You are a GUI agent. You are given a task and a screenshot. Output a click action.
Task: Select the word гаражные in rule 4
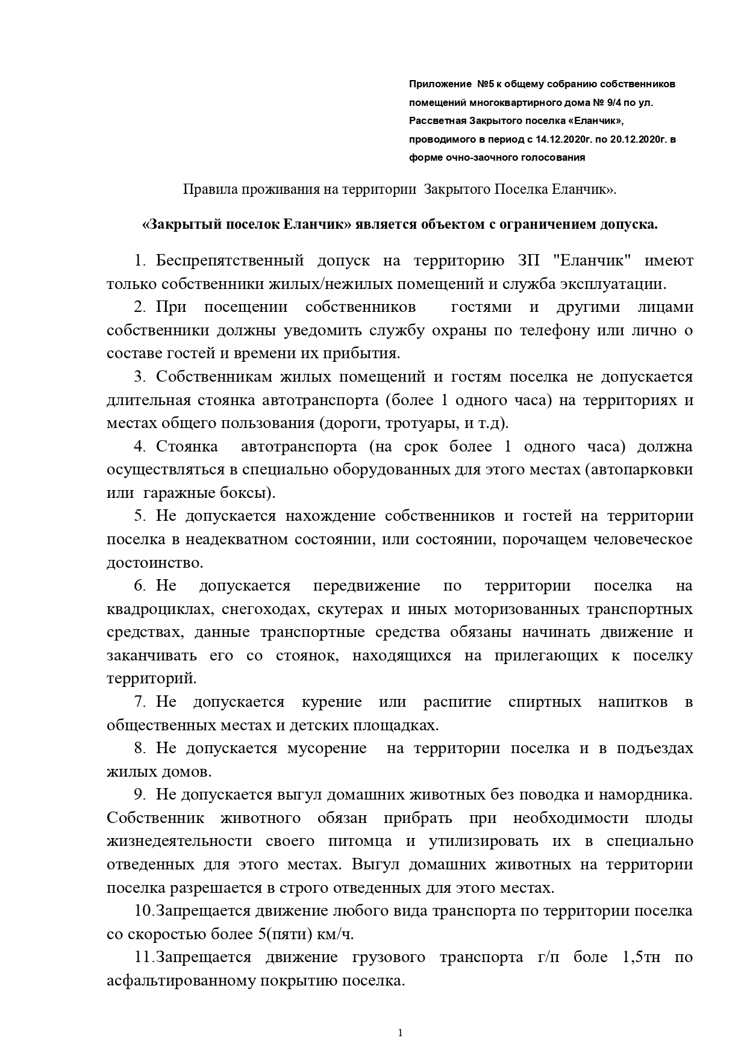(x=173, y=493)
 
